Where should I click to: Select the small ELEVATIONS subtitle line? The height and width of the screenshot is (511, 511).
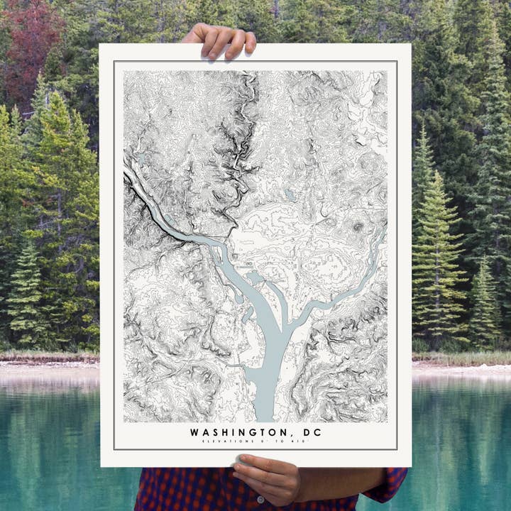(x=255, y=441)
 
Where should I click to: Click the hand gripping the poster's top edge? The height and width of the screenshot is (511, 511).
(x=219, y=40)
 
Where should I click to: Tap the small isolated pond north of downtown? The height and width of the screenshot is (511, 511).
(x=289, y=193)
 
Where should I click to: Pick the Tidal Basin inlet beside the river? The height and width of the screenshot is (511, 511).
(x=254, y=278)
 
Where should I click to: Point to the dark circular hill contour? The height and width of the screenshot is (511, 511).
(x=358, y=227)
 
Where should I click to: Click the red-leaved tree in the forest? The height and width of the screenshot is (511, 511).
(x=28, y=43)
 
